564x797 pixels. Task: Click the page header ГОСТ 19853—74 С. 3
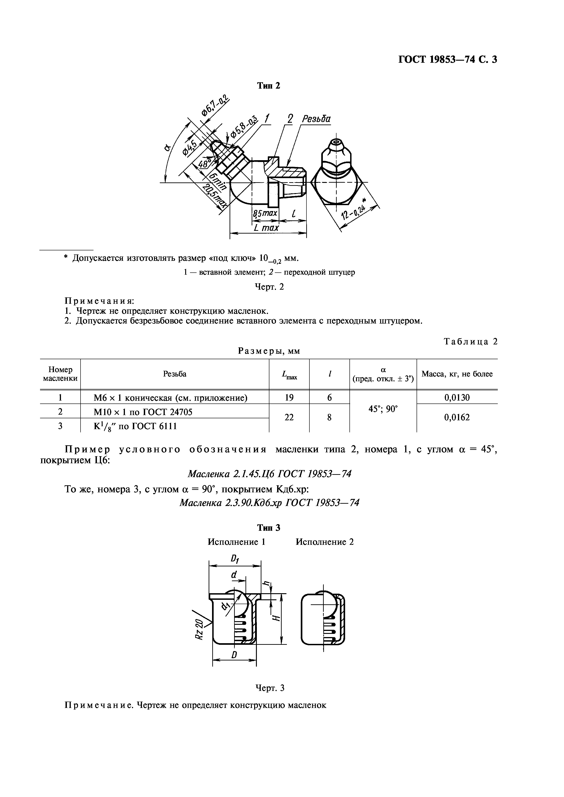pos(448,60)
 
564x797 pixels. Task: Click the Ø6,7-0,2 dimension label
pos(215,106)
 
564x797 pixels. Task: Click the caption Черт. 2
pos(269,287)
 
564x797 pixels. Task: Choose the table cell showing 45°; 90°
pos(383,409)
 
